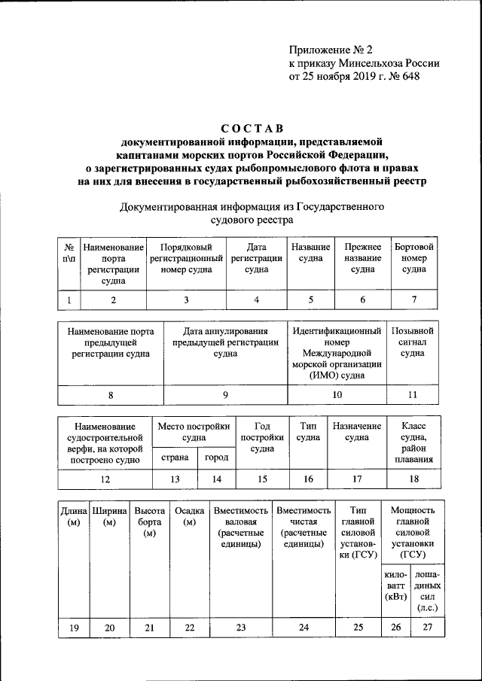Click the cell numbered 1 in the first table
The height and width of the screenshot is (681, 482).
[x=69, y=300]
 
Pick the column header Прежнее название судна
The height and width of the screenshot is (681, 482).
[x=362, y=258]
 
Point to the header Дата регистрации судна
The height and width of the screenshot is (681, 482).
[x=256, y=258]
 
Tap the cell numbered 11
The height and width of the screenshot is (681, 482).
[x=411, y=394]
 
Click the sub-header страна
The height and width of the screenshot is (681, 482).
[x=174, y=458]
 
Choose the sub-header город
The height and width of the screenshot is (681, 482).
[x=216, y=458]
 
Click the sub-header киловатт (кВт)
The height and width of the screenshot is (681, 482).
[x=395, y=585]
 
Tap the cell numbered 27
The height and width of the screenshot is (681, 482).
[x=427, y=630]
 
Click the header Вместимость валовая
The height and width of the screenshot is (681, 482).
[x=240, y=527]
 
